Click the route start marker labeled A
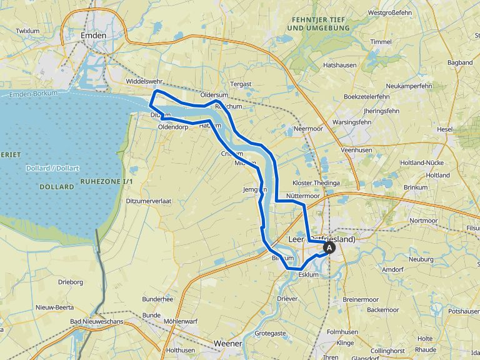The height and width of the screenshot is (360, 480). click(329, 248)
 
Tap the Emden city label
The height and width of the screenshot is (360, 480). click(93, 36)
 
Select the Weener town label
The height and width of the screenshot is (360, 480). click(227, 344)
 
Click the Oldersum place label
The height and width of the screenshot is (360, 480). click(215, 95)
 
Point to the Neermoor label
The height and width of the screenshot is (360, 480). click(307, 128)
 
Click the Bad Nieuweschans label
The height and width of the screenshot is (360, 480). click(97, 321)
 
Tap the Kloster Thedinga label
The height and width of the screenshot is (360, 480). click(316, 183)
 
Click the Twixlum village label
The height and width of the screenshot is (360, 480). click(27, 31)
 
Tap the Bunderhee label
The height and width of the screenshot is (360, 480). click(157, 299)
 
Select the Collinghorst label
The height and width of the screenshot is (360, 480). click(392, 351)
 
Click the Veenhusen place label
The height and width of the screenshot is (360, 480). click(356, 151)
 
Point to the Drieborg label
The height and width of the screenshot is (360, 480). click(71, 282)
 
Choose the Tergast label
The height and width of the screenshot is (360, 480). click(241, 84)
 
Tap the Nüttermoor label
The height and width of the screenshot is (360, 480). click(302, 196)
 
